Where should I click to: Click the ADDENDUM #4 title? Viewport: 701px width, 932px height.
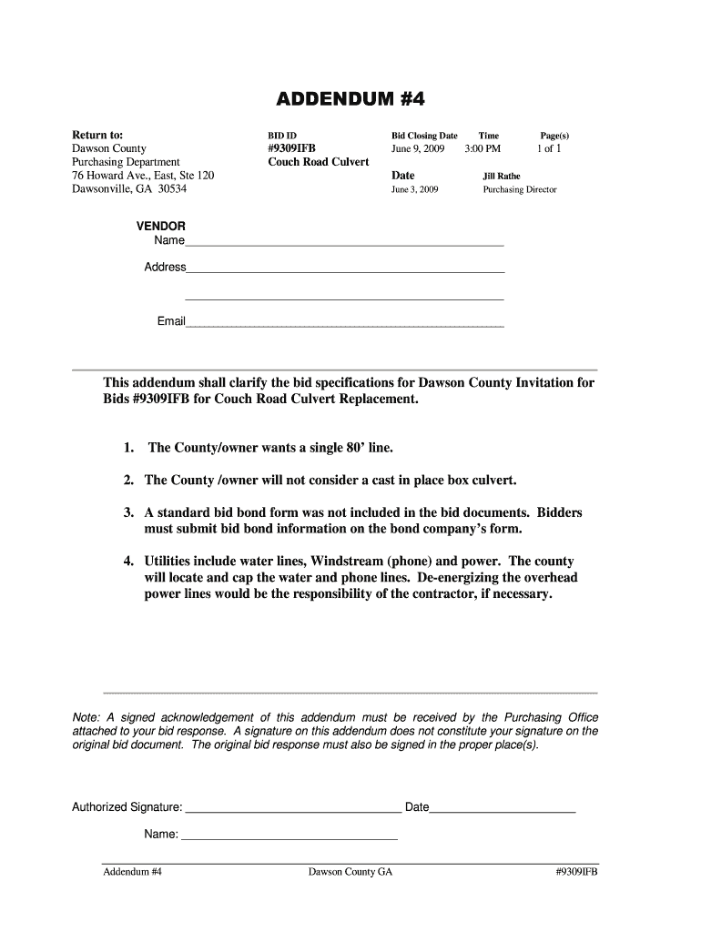(x=350, y=98)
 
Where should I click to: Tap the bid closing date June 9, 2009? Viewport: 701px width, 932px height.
(x=418, y=148)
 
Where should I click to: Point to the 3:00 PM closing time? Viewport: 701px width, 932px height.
(x=483, y=148)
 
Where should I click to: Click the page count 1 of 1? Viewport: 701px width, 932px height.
(x=550, y=148)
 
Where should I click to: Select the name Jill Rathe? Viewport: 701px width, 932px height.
(x=502, y=176)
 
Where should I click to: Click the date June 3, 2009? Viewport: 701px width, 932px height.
(x=415, y=190)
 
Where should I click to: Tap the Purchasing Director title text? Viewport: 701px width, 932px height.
(x=519, y=190)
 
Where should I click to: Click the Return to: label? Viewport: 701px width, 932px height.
(x=97, y=134)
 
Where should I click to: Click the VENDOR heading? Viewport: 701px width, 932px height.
(x=161, y=226)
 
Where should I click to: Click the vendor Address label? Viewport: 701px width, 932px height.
(x=165, y=268)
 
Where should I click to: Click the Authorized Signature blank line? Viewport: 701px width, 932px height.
(x=292, y=806)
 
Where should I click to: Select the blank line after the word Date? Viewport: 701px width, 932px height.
(x=503, y=806)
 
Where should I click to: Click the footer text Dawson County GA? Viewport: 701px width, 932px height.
(x=350, y=872)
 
